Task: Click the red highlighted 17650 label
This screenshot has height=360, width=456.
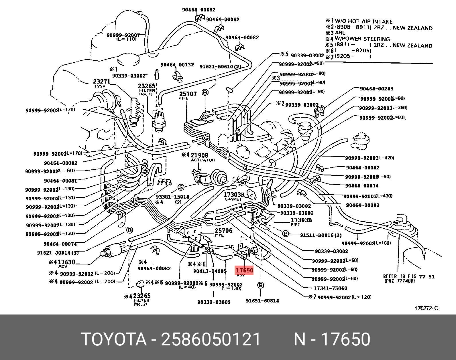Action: (x=244, y=270)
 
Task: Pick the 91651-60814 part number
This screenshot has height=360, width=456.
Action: (x=262, y=301)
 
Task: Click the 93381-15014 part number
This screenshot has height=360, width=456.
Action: (x=172, y=197)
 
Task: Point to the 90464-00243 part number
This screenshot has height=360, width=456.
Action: (x=376, y=89)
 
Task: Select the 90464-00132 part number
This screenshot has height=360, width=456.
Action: (x=177, y=65)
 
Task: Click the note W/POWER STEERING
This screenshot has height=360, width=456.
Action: (x=362, y=39)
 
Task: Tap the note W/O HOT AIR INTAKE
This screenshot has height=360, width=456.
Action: (x=363, y=21)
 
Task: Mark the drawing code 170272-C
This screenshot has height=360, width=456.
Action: (x=426, y=308)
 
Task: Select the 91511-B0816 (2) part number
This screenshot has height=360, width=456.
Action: (x=321, y=235)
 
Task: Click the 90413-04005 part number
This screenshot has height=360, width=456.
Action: (x=210, y=271)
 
